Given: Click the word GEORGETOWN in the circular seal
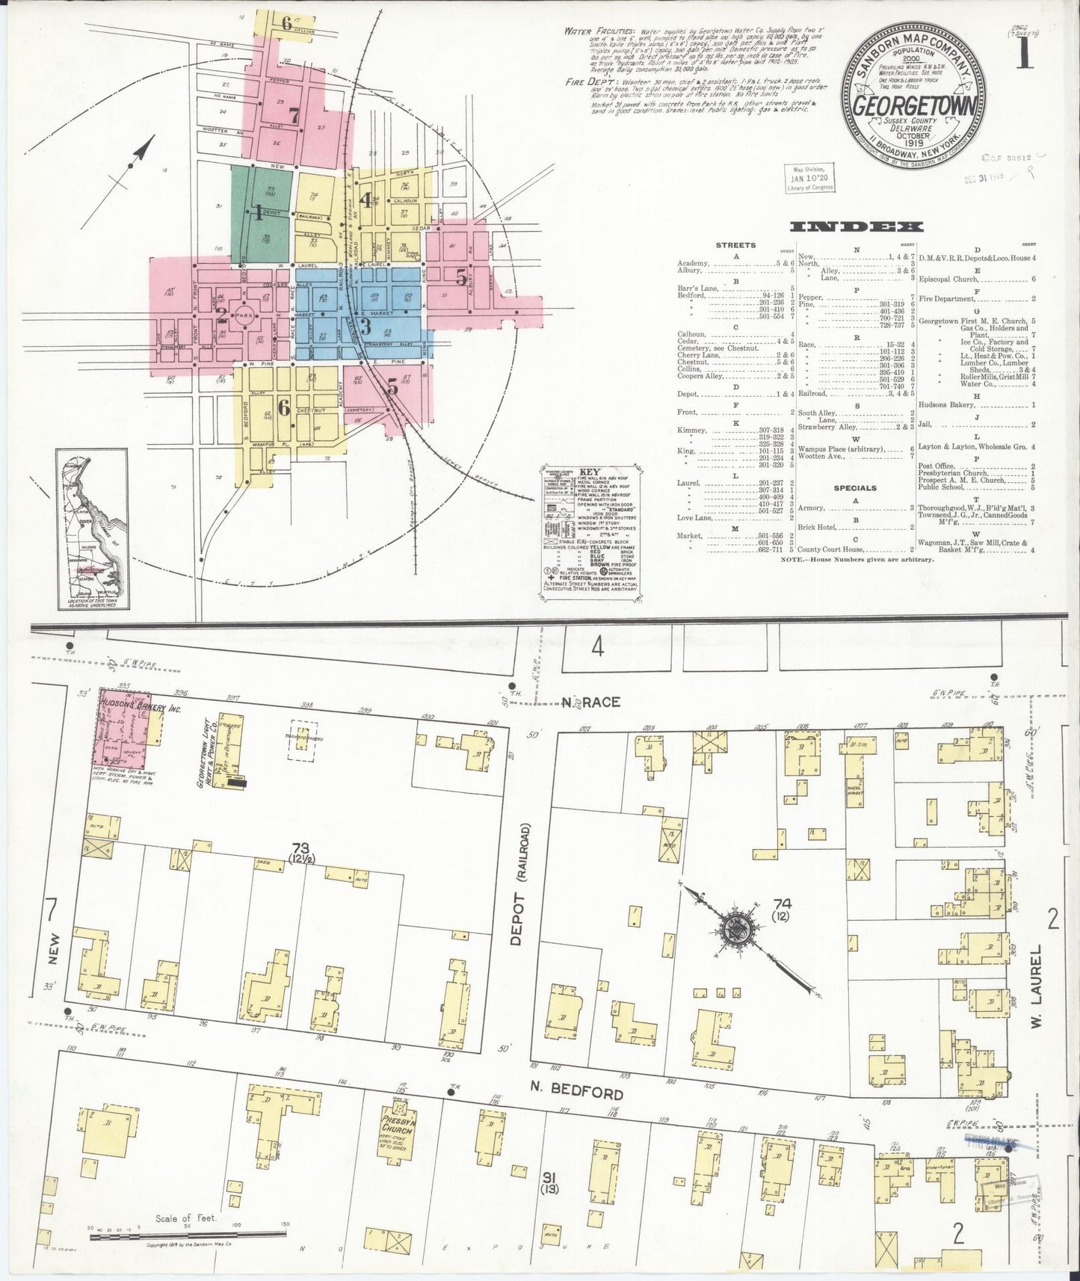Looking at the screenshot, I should tap(913, 105).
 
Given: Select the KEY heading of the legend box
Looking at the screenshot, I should tap(588, 473).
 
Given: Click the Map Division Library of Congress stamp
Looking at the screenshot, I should tap(810, 178).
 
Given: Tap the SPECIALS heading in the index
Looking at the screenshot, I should tap(855, 488).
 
